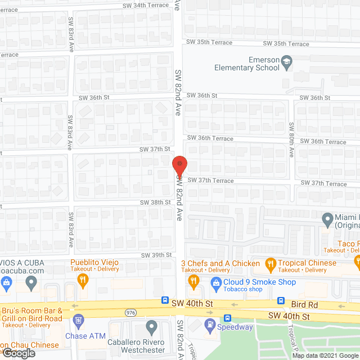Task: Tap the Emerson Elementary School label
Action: pos(247,64)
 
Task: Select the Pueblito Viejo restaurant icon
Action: pos(83,279)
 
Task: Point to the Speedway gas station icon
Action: pos(209,324)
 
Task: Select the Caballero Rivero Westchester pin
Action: pos(151,326)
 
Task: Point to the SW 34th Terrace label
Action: pos(146,5)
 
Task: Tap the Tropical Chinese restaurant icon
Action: pos(270,263)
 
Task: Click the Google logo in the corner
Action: pos(18,353)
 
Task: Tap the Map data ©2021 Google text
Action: pos(324,355)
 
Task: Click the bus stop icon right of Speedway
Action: pos(228,317)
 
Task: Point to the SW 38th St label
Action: pos(156,202)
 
